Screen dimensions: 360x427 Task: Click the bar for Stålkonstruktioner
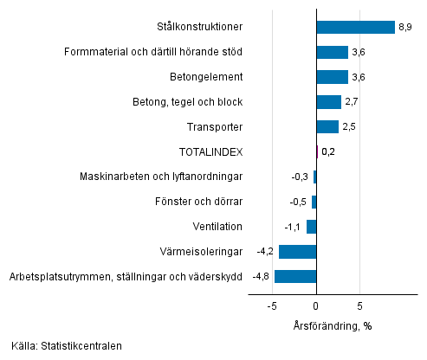[x=355, y=27]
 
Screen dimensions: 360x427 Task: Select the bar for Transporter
[x=327, y=127]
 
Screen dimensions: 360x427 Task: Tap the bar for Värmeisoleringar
[x=297, y=252]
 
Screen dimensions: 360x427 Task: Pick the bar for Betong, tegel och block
[x=328, y=102]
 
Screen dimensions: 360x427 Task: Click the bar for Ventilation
[x=311, y=227]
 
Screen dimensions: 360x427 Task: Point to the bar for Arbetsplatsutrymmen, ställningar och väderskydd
[x=294, y=277]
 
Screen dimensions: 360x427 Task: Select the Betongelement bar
[x=332, y=77]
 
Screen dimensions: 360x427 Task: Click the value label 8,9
[x=405, y=27]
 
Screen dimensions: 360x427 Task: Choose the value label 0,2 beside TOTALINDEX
[x=328, y=152]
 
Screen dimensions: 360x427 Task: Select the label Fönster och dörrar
[x=198, y=202]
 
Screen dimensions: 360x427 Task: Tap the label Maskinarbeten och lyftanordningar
[x=160, y=177]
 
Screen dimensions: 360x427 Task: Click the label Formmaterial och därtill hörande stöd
[x=153, y=52]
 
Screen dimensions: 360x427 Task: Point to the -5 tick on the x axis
[x=271, y=305]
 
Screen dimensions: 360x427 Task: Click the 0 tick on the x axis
[x=316, y=305]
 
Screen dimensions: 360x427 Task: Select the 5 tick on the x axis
[x=360, y=305]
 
